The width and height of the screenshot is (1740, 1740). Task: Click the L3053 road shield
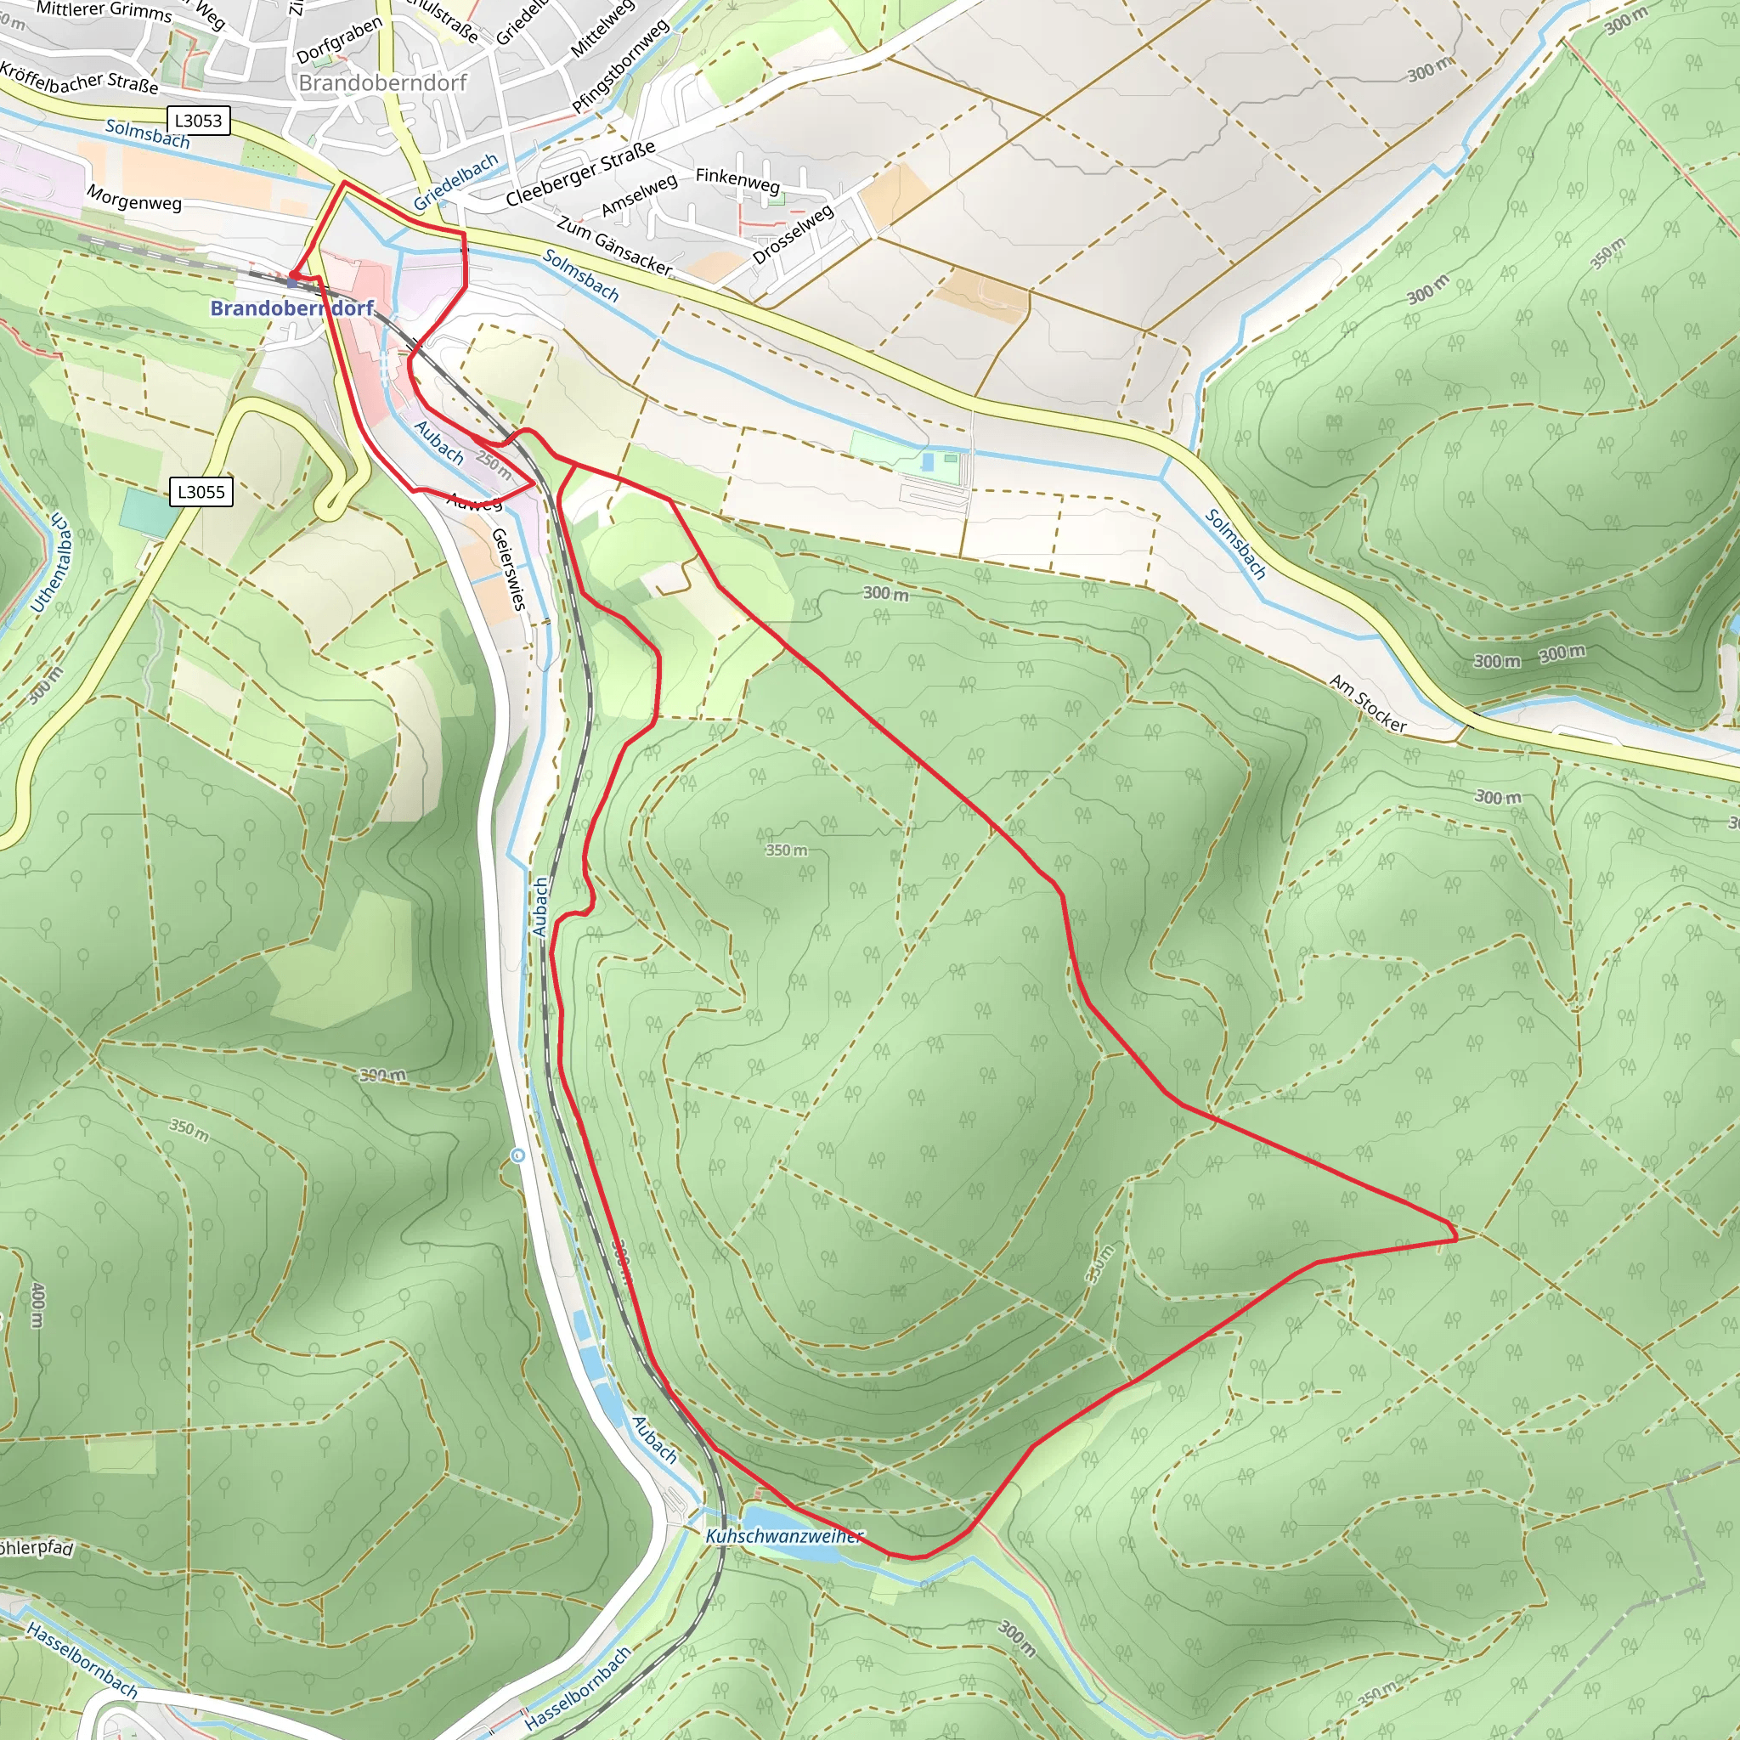(x=198, y=121)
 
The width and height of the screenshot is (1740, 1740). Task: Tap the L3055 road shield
(x=201, y=492)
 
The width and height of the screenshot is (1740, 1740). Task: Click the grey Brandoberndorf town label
(x=383, y=83)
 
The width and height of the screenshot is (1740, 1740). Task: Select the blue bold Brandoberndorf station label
(x=291, y=308)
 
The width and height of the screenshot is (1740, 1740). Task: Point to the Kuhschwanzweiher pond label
(x=783, y=1535)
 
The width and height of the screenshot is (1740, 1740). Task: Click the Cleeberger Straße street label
(x=580, y=173)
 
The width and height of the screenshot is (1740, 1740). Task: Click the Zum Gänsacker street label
(x=614, y=245)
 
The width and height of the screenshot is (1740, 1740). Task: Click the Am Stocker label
(x=1367, y=703)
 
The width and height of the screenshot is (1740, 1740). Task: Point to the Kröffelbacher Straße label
(x=79, y=79)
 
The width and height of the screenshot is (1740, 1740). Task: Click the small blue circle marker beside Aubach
(x=517, y=1155)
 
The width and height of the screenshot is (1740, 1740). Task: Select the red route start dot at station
(x=294, y=274)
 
